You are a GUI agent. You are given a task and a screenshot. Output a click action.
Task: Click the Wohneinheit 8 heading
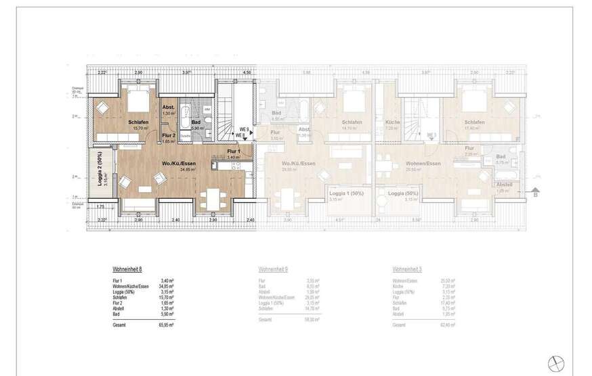[x=127, y=268]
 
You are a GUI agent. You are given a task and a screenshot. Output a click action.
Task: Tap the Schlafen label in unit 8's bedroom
[x=139, y=122]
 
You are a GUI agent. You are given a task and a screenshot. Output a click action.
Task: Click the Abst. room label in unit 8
[x=169, y=108]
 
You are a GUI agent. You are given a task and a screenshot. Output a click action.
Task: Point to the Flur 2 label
[x=169, y=135]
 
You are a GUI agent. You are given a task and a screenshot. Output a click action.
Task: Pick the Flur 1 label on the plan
[x=234, y=151]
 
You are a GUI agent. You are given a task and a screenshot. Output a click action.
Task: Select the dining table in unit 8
[x=209, y=197]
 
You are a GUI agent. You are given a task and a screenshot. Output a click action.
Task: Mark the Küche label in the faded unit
[x=392, y=122]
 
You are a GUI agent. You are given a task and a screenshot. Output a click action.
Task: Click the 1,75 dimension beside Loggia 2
[x=100, y=206]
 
